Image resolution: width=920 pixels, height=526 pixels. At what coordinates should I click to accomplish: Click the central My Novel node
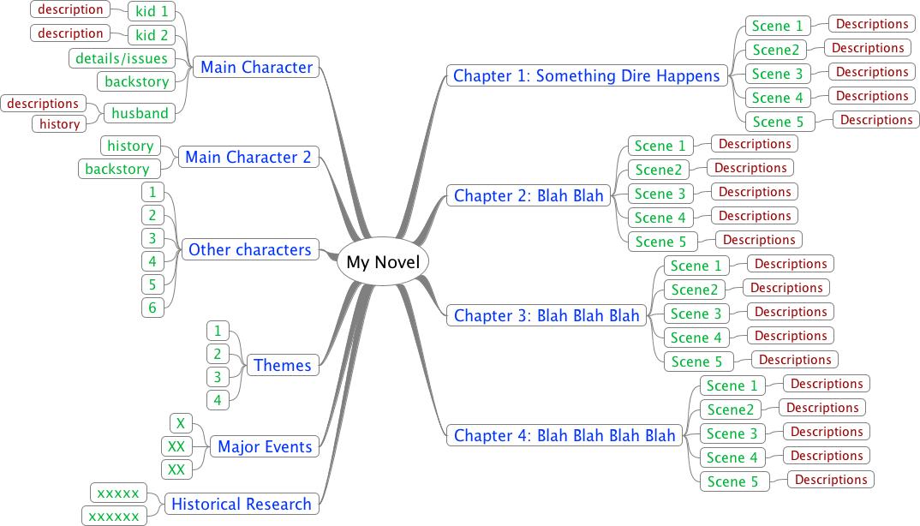(383, 262)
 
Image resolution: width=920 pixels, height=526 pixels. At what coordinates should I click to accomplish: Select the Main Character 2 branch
(248, 157)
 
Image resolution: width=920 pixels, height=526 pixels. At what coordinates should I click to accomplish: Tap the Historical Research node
(241, 504)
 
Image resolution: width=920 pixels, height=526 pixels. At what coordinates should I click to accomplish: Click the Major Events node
(265, 446)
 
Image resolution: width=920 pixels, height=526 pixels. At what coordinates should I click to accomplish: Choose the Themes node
(282, 365)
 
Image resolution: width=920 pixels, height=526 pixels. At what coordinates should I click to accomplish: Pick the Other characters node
(249, 249)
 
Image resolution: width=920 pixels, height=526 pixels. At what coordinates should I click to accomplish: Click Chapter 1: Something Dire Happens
(587, 75)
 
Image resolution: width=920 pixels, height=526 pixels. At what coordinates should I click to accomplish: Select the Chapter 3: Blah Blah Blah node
(547, 315)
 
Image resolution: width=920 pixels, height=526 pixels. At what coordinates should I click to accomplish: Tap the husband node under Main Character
(140, 112)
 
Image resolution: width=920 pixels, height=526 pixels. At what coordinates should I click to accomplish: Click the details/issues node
(122, 58)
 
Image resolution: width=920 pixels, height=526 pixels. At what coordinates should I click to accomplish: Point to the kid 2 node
(152, 35)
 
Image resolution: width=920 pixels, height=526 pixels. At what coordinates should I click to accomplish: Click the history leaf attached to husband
(60, 124)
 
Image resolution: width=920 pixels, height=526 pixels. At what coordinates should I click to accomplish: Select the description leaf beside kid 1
(70, 9)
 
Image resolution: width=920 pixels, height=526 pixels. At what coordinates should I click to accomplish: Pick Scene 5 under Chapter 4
(733, 481)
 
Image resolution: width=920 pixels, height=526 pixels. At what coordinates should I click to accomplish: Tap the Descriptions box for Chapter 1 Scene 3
(872, 72)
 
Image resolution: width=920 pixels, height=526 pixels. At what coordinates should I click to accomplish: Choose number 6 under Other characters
(152, 308)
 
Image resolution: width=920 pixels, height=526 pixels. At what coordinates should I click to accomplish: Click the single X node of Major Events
(180, 423)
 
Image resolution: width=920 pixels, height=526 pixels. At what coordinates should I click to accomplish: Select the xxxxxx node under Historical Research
(113, 516)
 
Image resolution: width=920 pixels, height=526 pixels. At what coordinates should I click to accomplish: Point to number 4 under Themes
(218, 400)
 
